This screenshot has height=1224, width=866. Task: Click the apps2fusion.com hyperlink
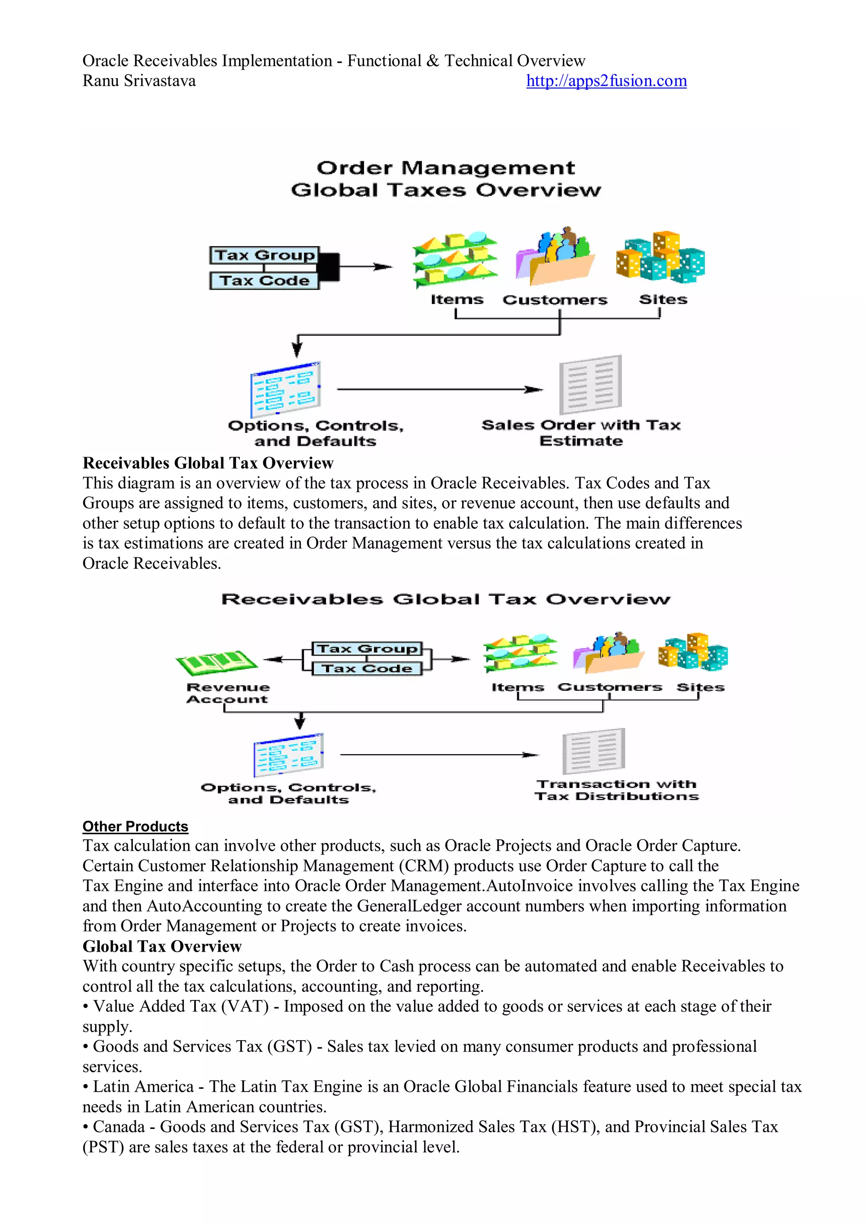[606, 81]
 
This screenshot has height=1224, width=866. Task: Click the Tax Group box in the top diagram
[264, 255]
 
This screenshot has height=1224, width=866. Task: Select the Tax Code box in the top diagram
[264, 280]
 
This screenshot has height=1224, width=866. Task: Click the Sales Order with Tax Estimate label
[581, 433]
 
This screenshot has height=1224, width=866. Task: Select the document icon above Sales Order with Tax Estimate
[590, 385]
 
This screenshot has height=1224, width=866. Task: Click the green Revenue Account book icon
[216, 663]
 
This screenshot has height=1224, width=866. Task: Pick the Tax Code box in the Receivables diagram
[367, 668]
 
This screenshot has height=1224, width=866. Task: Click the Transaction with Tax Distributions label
[617, 790]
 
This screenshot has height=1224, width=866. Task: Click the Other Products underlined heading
[135, 826]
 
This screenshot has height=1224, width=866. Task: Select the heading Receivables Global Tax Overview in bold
[208, 463]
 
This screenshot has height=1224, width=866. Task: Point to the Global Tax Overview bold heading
[162, 946]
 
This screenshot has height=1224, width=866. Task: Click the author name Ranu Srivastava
[139, 81]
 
